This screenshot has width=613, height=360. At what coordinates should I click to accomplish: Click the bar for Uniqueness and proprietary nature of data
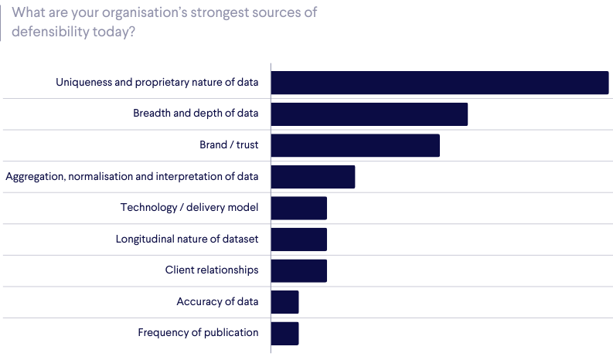click(440, 83)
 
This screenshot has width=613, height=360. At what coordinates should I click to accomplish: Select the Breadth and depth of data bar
click(370, 114)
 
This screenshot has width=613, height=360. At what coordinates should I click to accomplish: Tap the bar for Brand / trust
click(355, 145)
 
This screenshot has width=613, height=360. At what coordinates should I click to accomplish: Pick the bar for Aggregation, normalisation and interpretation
click(313, 177)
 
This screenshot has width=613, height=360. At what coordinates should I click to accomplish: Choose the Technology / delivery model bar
click(299, 208)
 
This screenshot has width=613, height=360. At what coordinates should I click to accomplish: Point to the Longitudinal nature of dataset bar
click(299, 239)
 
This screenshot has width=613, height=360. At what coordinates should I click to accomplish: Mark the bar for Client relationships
click(299, 270)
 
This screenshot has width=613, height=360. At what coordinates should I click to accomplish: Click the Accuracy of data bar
click(285, 302)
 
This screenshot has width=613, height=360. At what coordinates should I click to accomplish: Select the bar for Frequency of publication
click(285, 333)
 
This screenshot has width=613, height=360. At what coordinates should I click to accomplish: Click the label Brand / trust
click(229, 145)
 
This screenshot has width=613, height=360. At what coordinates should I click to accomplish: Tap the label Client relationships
click(212, 270)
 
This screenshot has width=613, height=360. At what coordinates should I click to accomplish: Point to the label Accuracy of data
click(217, 302)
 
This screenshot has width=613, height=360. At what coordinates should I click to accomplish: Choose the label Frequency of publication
click(198, 333)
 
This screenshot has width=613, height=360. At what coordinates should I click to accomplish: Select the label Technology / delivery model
click(189, 208)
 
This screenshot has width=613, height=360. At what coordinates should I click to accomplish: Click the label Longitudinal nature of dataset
click(187, 239)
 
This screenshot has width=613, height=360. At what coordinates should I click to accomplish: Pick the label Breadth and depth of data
click(196, 114)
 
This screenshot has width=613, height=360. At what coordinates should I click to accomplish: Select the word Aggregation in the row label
click(35, 177)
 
